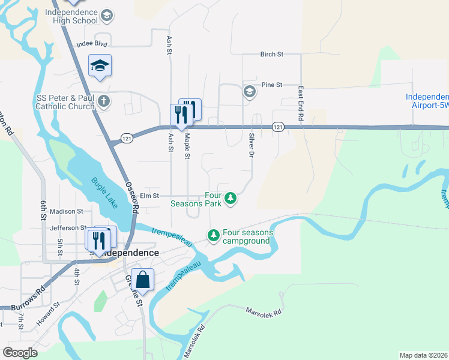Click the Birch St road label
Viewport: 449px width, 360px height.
pos(271,54)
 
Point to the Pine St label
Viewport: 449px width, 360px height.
pos(271,85)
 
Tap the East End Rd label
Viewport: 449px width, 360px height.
pos(301,103)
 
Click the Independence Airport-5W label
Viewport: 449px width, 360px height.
pos(427,100)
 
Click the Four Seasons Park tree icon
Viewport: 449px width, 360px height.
pos(230,199)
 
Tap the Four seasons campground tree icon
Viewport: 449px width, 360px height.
pos(213,236)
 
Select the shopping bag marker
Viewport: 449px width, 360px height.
pos(143,280)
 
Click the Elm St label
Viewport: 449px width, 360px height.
pos(149,196)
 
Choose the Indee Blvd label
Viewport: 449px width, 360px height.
pos(91,44)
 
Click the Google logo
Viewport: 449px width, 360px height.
pos(20,353)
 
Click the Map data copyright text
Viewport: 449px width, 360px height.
pos(423,355)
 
